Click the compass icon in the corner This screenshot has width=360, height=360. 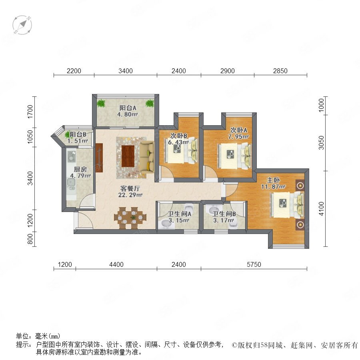click(22, 25)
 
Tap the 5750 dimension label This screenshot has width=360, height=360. click(254, 264)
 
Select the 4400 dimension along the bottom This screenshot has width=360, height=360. click(116, 264)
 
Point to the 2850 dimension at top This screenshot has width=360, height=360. click(280, 71)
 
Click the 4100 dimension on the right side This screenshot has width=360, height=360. click(322, 209)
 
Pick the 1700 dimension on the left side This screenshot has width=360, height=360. click(30, 112)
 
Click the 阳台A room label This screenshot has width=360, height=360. click(128, 108)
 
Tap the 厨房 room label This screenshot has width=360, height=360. click(80, 170)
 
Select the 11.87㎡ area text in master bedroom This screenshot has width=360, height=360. click(273, 187)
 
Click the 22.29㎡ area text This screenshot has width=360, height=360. click(130, 195)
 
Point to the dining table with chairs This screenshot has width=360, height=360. click(130, 218)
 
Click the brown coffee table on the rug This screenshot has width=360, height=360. click(128, 156)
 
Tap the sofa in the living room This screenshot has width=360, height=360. click(147, 158)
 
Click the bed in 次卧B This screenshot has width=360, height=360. click(181, 150)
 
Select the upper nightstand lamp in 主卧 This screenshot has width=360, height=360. click(300, 186)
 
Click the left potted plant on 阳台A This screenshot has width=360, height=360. click(101, 103)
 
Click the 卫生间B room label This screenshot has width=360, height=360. click(224, 214)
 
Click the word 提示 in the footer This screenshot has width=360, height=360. click(22, 344)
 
